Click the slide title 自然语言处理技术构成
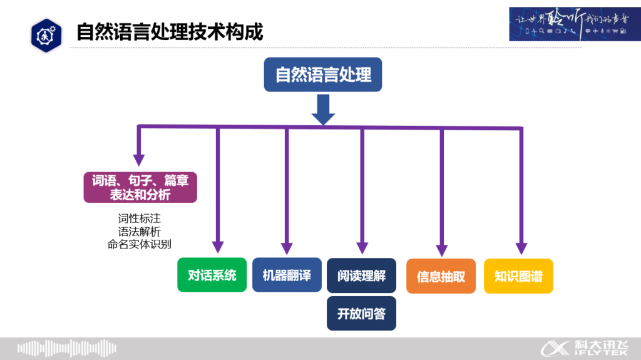(x=170, y=31)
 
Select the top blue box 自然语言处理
(x=323, y=75)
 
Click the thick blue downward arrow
(x=323, y=110)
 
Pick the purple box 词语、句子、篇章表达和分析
(x=140, y=187)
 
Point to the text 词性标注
(x=139, y=219)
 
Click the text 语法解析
(x=139, y=232)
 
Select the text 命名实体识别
(x=139, y=244)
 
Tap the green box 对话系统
(x=212, y=275)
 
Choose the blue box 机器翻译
(x=287, y=275)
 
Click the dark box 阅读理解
(x=361, y=275)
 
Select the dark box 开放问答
(x=361, y=314)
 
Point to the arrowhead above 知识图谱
(x=521, y=249)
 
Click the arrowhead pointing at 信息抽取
(x=442, y=250)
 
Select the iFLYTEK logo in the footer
(x=587, y=348)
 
